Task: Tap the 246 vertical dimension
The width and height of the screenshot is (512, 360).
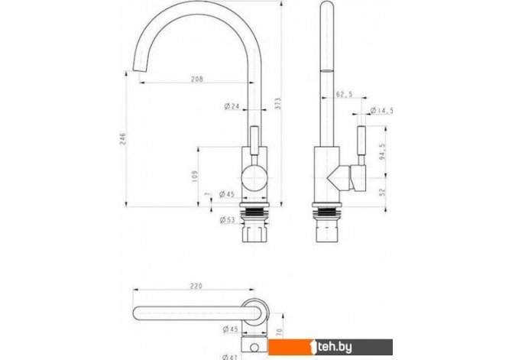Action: [122, 137]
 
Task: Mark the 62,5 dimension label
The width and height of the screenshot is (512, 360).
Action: [345, 96]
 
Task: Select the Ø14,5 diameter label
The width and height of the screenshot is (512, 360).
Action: [382, 112]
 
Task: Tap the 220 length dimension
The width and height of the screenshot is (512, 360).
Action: [197, 287]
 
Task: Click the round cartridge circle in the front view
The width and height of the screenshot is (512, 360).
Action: [252, 181]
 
